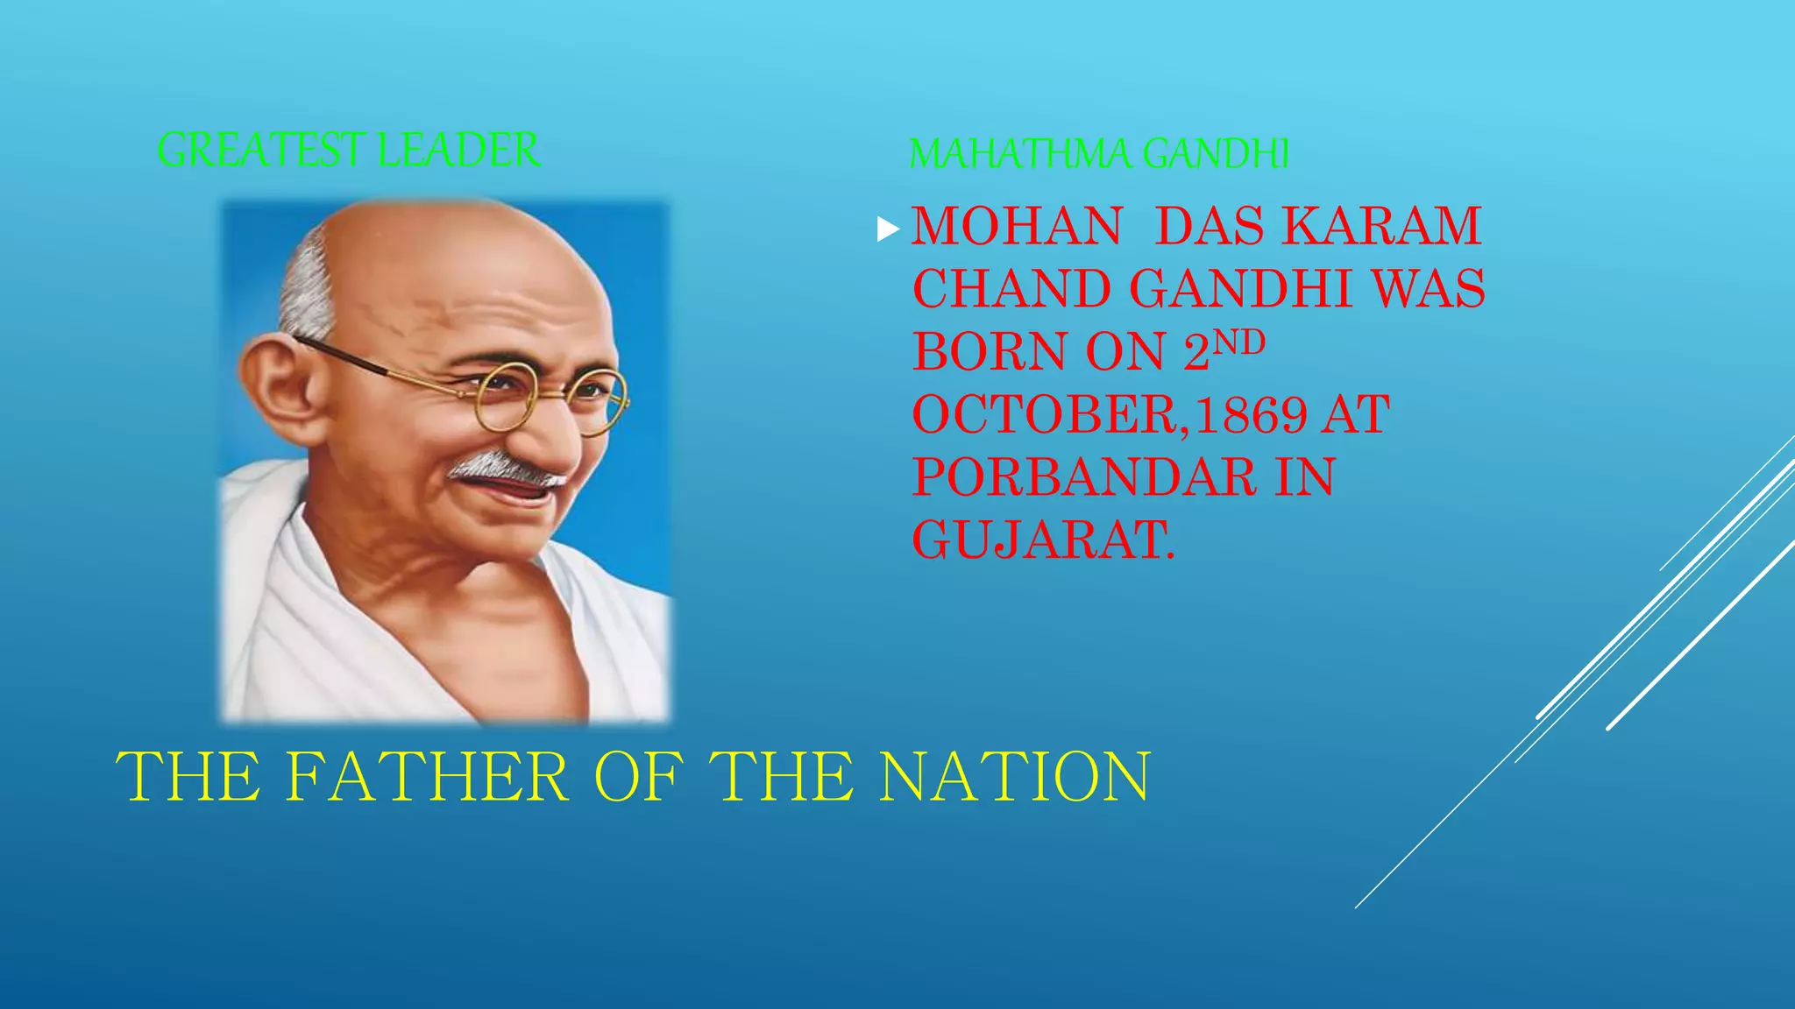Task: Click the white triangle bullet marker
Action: tap(888, 229)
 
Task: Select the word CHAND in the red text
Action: tap(1011, 289)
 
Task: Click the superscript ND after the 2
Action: tap(1238, 342)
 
